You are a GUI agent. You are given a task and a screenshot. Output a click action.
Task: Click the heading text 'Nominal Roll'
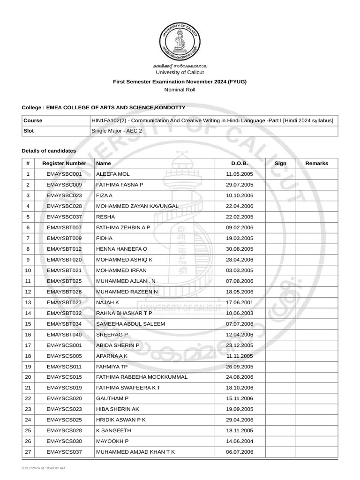180,90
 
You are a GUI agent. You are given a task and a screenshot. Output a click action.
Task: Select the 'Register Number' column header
64,163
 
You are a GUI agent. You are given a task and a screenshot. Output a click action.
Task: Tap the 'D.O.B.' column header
239,163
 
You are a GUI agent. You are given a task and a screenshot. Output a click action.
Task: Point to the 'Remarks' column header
316,163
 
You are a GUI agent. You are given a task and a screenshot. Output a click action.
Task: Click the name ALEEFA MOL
112,174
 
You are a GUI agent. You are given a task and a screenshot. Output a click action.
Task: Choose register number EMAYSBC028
64,206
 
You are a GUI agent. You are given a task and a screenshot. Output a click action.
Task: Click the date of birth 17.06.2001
239,302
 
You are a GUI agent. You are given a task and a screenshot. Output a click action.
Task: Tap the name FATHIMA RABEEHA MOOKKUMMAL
142,377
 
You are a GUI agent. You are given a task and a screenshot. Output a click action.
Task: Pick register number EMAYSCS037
64,452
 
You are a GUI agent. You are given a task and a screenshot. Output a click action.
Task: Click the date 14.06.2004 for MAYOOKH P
239,441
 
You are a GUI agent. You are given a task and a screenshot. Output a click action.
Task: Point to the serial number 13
28,302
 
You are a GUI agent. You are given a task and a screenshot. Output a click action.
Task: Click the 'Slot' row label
30,131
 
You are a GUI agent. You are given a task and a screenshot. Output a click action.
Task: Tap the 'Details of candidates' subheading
49,150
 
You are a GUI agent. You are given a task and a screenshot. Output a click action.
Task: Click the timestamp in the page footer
43,468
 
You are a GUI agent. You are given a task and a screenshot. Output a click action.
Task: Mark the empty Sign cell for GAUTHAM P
280,398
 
